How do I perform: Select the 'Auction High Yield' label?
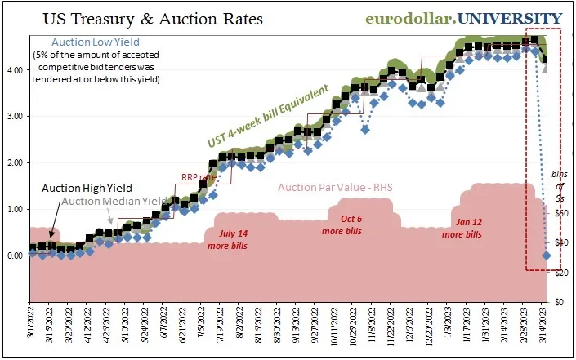point(78,187)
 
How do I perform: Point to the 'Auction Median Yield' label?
point(115,201)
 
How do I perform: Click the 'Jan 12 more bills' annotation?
point(462,228)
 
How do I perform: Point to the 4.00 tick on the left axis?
point(15,71)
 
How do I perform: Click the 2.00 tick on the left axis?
point(15,163)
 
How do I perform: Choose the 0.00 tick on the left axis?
point(15,256)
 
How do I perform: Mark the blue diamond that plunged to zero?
point(546,256)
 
